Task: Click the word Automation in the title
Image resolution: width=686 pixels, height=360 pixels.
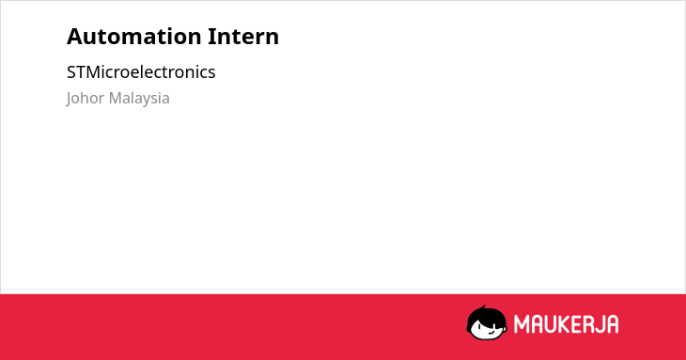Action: [x=133, y=37]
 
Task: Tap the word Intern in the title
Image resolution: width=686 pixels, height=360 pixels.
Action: [x=243, y=37]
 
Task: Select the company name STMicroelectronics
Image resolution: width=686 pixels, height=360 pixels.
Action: [x=141, y=72]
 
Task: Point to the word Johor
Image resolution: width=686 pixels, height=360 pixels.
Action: [x=86, y=98]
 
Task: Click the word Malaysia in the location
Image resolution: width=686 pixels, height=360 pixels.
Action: [x=139, y=99]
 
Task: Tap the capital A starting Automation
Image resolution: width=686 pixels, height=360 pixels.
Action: [x=74, y=37]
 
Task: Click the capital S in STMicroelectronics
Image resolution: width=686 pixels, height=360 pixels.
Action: [x=71, y=72]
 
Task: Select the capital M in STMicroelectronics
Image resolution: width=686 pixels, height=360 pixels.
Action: [x=93, y=72]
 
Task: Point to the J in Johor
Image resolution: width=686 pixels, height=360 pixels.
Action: [x=70, y=99]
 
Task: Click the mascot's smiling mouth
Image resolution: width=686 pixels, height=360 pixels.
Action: [x=491, y=331]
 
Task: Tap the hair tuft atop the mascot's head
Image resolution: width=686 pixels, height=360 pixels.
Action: [x=482, y=308]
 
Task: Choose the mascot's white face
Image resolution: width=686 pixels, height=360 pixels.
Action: [x=488, y=329]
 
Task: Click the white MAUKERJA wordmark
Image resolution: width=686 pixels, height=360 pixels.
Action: [x=566, y=324]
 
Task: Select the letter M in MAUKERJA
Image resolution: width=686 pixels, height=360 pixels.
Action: [x=521, y=324]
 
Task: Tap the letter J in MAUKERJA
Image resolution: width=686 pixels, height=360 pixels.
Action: [x=599, y=324]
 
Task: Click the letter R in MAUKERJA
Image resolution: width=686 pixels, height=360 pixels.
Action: [x=587, y=324]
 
